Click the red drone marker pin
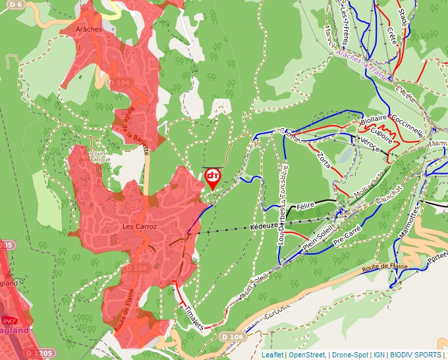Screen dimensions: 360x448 [x=213, y=178]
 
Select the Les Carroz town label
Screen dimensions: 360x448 [x=139, y=226]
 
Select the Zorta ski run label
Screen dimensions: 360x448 [x=323, y=159]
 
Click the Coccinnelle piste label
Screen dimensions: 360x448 [x=407, y=124]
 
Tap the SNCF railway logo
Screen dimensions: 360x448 [x=9, y=321]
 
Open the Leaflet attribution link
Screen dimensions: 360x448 [x=272, y=355]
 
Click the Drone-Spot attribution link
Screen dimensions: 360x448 [x=350, y=355]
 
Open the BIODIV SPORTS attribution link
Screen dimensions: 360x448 [x=416, y=355]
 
